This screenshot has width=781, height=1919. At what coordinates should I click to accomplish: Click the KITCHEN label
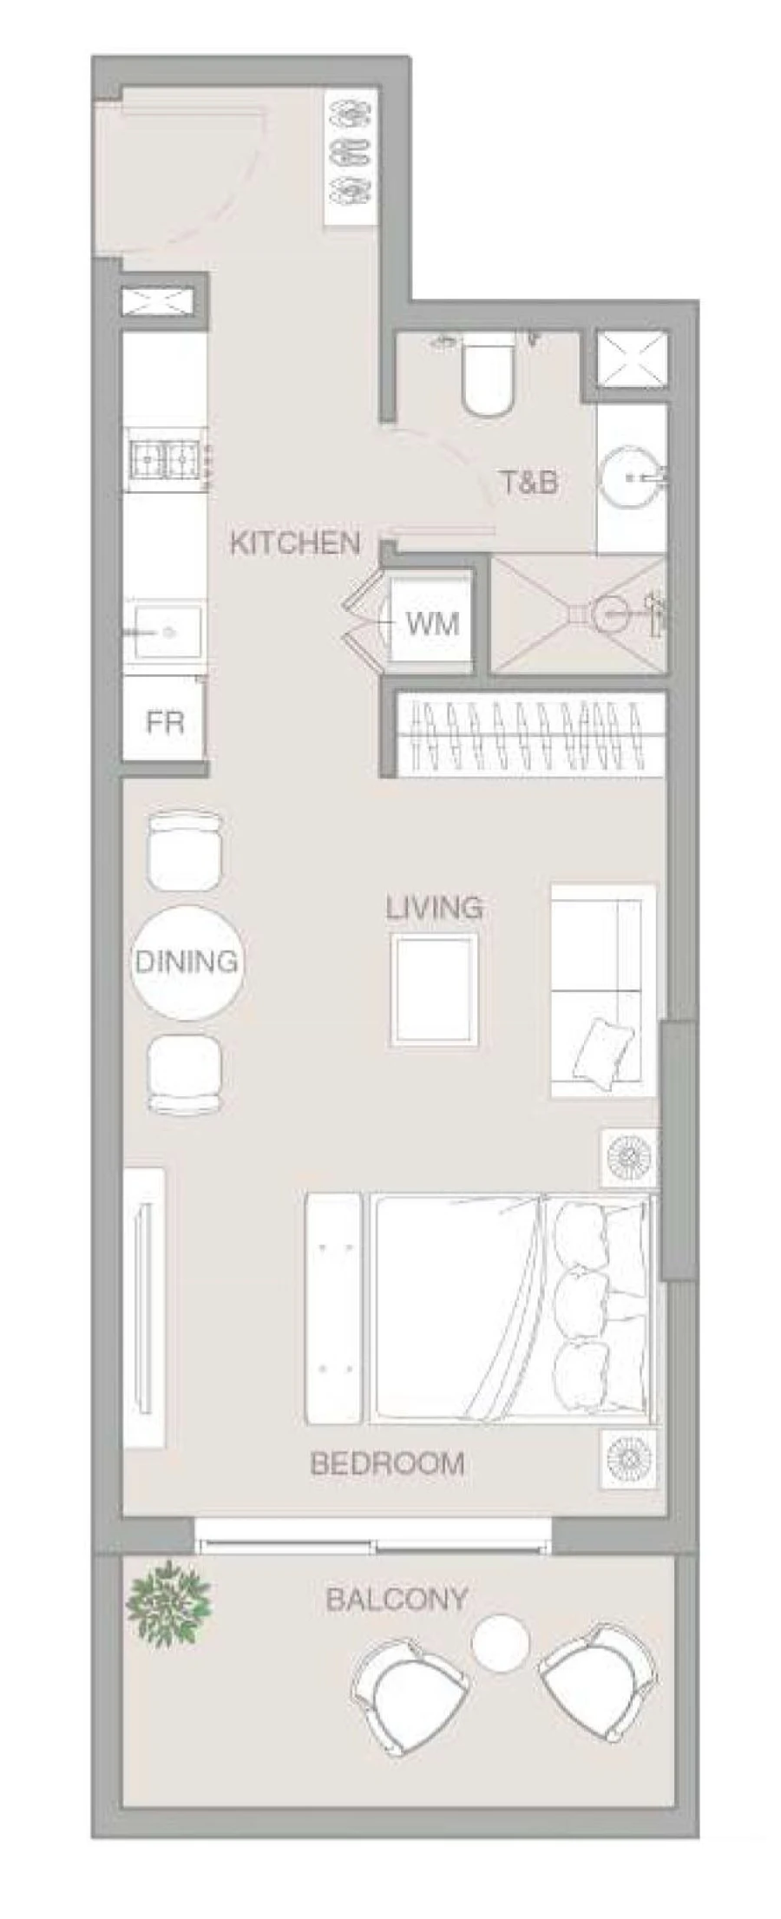(295, 543)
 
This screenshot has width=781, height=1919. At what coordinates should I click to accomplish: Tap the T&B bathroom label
(528, 483)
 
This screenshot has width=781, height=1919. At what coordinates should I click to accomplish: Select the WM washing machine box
(431, 623)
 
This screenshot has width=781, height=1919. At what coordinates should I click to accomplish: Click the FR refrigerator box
(164, 722)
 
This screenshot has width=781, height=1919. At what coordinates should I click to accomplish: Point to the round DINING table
(186, 962)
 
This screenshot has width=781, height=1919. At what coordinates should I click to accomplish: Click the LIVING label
(435, 909)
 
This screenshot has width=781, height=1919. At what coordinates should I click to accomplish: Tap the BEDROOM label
(387, 1464)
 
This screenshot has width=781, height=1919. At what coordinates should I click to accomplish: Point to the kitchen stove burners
(167, 457)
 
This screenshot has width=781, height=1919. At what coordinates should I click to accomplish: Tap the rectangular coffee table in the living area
(434, 989)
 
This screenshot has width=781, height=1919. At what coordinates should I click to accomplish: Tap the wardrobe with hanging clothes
(529, 734)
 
